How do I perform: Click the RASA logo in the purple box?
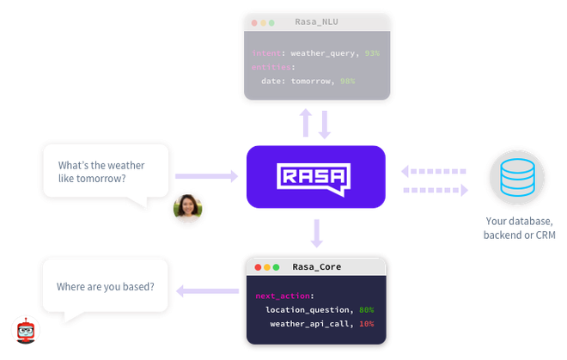pyautogui.click(x=315, y=177)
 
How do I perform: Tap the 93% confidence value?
pyautogui.click(x=370, y=53)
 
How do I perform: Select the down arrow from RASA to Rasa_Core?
pyautogui.click(x=316, y=230)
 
